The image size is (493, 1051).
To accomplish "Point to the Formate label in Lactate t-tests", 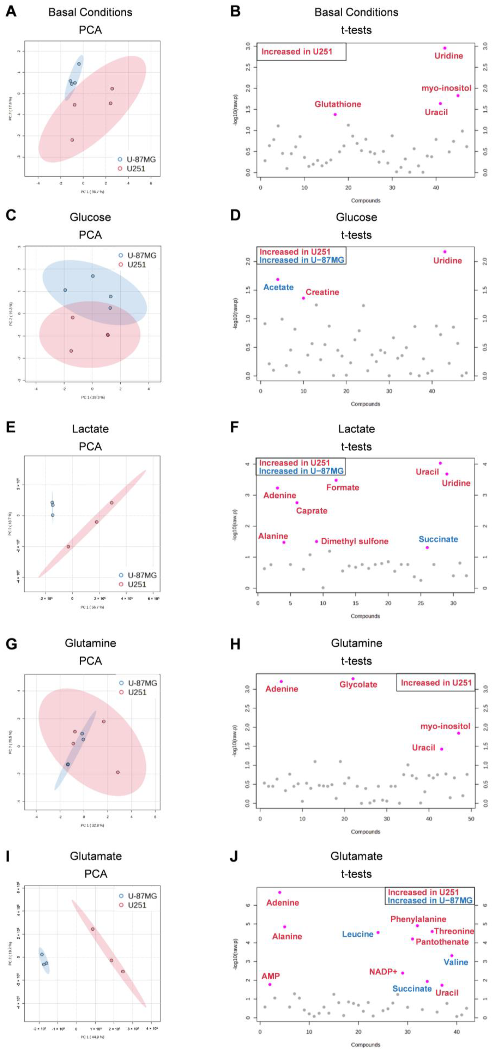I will [x=342, y=488].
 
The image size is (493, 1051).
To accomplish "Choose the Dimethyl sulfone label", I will [x=354, y=541].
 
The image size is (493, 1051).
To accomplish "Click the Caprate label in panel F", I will [x=312, y=511].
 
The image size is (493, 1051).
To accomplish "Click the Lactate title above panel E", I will [x=90, y=429].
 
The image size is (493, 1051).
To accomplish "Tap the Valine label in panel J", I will [x=455, y=963].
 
